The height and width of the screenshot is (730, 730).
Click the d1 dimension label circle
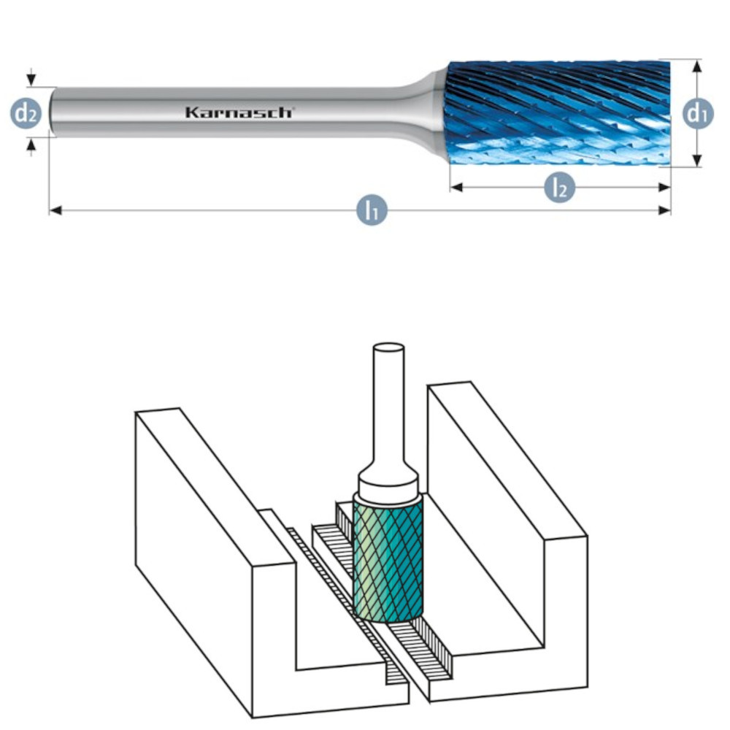[x=697, y=113]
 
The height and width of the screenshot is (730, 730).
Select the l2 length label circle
[x=559, y=188]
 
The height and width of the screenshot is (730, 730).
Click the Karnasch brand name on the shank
[x=239, y=112]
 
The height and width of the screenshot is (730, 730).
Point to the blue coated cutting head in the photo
[x=559, y=113]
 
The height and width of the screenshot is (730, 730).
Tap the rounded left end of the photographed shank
[x=52, y=112]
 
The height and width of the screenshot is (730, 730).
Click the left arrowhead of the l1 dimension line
[x=55, y=211]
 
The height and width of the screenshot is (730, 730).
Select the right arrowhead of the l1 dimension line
[x=664, y=210]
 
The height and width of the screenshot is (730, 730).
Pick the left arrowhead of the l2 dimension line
[x=457, y=187]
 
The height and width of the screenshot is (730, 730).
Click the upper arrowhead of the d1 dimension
[x=697, y=66]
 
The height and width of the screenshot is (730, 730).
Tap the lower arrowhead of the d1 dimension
[x=697, y=160]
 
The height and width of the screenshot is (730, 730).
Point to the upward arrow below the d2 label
[x=31, y=147]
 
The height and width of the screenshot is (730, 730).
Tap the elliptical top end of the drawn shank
[x=389, y=347]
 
